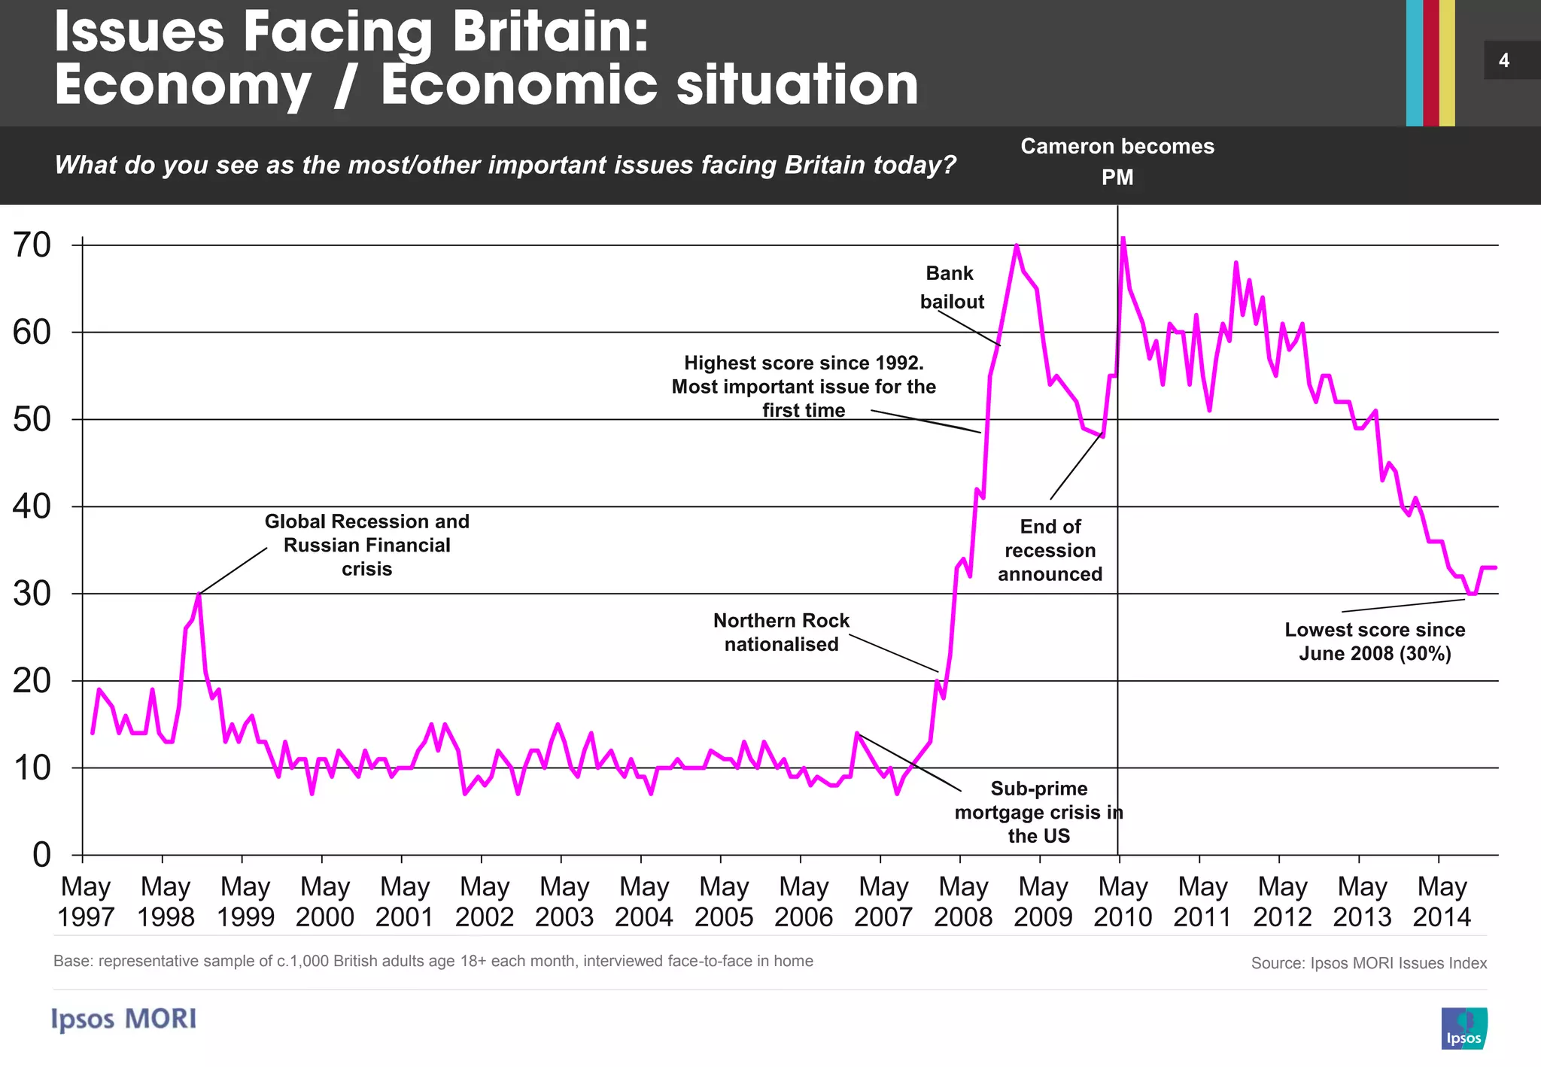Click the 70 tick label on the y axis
point(32,245)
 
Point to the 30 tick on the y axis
point(32,594)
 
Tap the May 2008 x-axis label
point(963,902)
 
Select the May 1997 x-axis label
point(86,902)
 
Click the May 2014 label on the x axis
point(1442,902)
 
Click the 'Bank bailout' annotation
point(951,287)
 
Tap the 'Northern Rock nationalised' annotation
point(781,632)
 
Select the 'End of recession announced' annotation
point(1050,550)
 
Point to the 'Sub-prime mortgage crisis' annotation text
point(1038,812)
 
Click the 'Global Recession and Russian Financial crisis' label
point(367,545)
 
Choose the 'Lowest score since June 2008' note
point(1375,641)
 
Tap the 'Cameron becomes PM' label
point(1117,161)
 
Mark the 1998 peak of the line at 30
point(199,594)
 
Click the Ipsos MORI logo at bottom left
point(124,1019)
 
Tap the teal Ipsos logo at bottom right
point(1464,1028)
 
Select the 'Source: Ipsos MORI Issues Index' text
point(1369,963)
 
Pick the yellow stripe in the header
point(1447,63)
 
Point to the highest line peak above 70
point(1123,239)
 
